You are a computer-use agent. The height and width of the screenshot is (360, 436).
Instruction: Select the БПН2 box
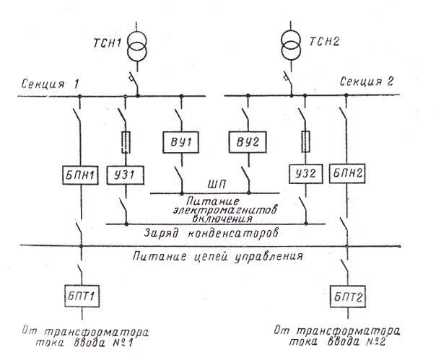(346, 175)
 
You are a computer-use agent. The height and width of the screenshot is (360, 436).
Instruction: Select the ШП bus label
(212, 184)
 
